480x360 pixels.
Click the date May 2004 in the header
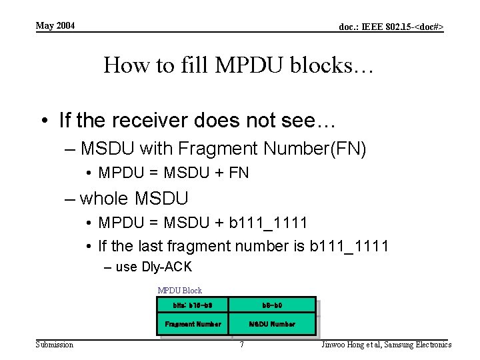tap(55, 26)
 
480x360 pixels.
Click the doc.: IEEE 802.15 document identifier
tap(391, 27)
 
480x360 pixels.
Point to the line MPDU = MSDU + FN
tap(173, 173)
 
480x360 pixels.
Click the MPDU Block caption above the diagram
tap(179, 291)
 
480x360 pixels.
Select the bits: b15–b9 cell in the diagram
tap(193, 305)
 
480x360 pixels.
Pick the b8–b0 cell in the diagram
tap(272, 305)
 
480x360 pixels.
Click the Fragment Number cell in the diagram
tap(193, 324)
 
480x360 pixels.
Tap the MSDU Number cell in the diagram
tap(272, 324)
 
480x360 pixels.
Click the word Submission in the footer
tap(54, 345)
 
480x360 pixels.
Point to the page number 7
tap(241, 345)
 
